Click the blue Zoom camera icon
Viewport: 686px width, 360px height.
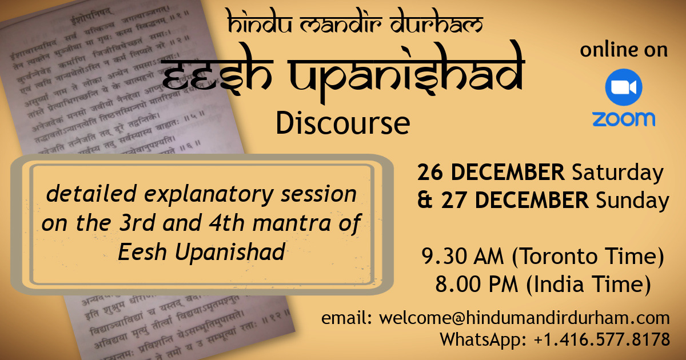tap(624, 87)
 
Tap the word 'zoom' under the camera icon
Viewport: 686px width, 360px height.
tap(624, 119)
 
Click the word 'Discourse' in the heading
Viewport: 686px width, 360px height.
tap(342, 122)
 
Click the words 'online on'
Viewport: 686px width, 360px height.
tap(624, 50)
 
